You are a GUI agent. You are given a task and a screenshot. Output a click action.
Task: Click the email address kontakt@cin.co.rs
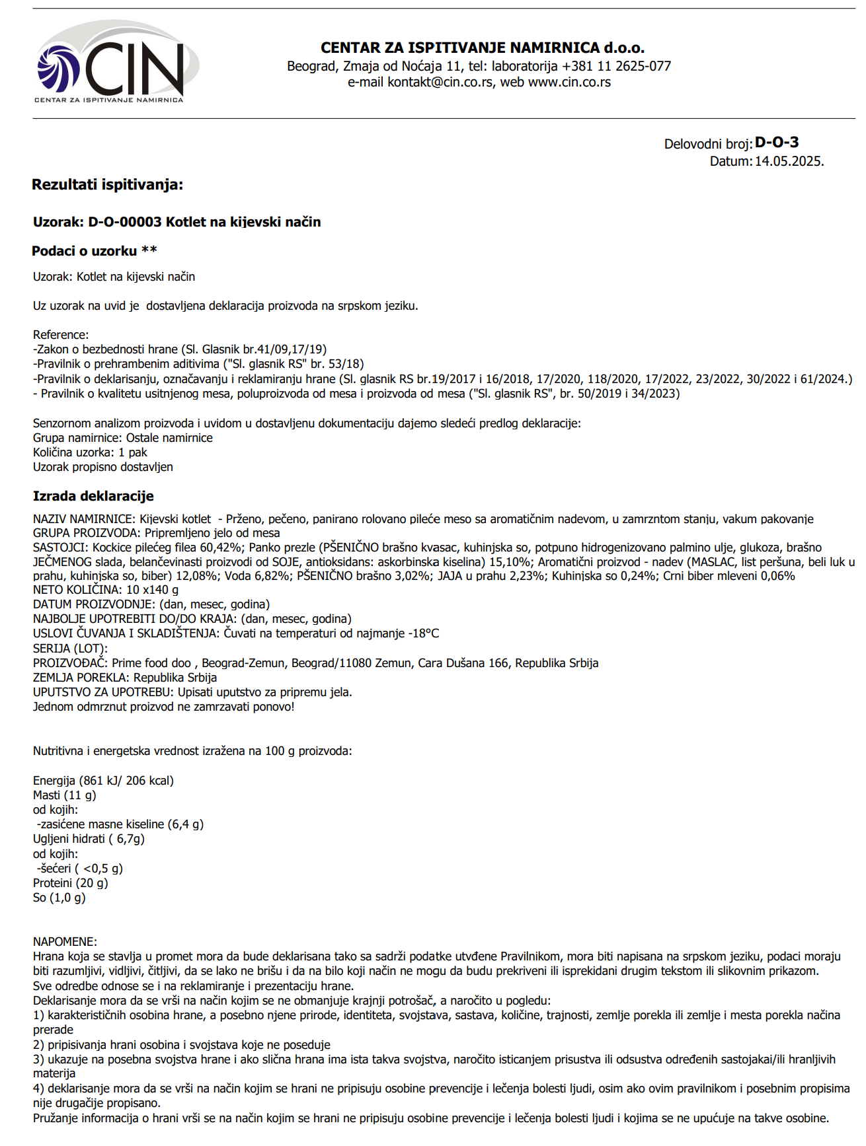[x=440, y=83]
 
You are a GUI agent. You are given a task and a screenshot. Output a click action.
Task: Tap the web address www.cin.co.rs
[x=569, y=83]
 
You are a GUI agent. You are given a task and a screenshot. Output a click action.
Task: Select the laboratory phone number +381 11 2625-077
[x=616, y=66]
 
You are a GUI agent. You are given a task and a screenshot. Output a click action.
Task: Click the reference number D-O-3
[x=777, y=142]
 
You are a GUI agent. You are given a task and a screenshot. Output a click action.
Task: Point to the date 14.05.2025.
[x=789, y=161]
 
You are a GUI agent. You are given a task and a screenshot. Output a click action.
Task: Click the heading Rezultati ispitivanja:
[x=107, y=184]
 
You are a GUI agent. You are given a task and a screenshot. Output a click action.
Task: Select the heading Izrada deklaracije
[x=93, y=496]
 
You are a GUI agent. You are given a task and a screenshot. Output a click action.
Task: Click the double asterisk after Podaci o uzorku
[x=150, y=250]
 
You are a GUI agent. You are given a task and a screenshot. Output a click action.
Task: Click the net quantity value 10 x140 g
[x=152, y=590]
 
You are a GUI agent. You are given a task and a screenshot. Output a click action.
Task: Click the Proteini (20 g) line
[x=71, y=883]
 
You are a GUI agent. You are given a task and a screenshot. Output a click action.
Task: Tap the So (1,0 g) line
[x=59, y=898]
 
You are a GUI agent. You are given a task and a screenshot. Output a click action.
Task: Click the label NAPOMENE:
[x=65, y=941]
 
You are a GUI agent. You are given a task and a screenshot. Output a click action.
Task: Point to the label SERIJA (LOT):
[x=70, y=648]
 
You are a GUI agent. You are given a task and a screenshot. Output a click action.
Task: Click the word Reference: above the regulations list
[x=61, y=335]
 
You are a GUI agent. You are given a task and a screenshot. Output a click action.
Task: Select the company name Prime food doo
[x=151, y=663]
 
